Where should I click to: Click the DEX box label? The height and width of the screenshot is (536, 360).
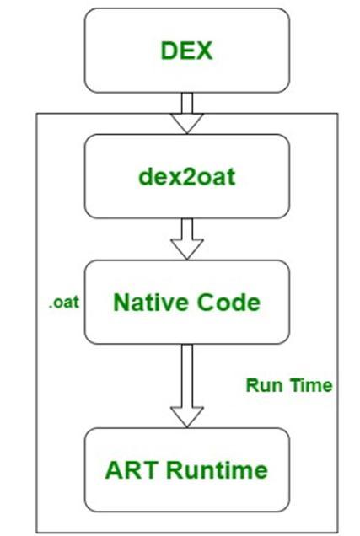click(x=186, y=51)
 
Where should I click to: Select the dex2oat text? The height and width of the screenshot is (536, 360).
click(x=187, y=177)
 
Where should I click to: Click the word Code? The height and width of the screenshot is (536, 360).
click(x=229, y=303)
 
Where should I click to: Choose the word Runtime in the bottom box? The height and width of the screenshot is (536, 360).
click(x=217, y=470)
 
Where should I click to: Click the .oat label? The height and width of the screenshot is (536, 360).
click(x=64, y=303)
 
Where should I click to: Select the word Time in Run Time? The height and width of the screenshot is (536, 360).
click(x=311, y=385)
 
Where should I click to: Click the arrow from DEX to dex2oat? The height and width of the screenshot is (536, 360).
click(x=187, y=113)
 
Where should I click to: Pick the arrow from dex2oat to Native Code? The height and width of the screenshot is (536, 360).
click(x=187, y=239)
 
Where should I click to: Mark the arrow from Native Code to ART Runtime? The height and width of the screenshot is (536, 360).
click(x=187, y=386)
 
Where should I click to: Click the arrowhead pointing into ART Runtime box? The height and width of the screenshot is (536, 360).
click(x=187, y=417)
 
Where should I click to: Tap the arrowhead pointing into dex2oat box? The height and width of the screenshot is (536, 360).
click(x=187, y=123)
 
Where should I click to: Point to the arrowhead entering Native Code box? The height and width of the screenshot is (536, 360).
click(x=187, y=249)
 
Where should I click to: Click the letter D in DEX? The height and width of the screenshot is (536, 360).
click(x=169, y=51)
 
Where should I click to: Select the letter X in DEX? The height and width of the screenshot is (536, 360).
click(x=204, y=51)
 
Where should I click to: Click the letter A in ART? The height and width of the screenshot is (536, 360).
click(x=114, y=470)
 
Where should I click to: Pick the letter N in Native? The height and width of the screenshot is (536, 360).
click(x=121, y=303)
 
